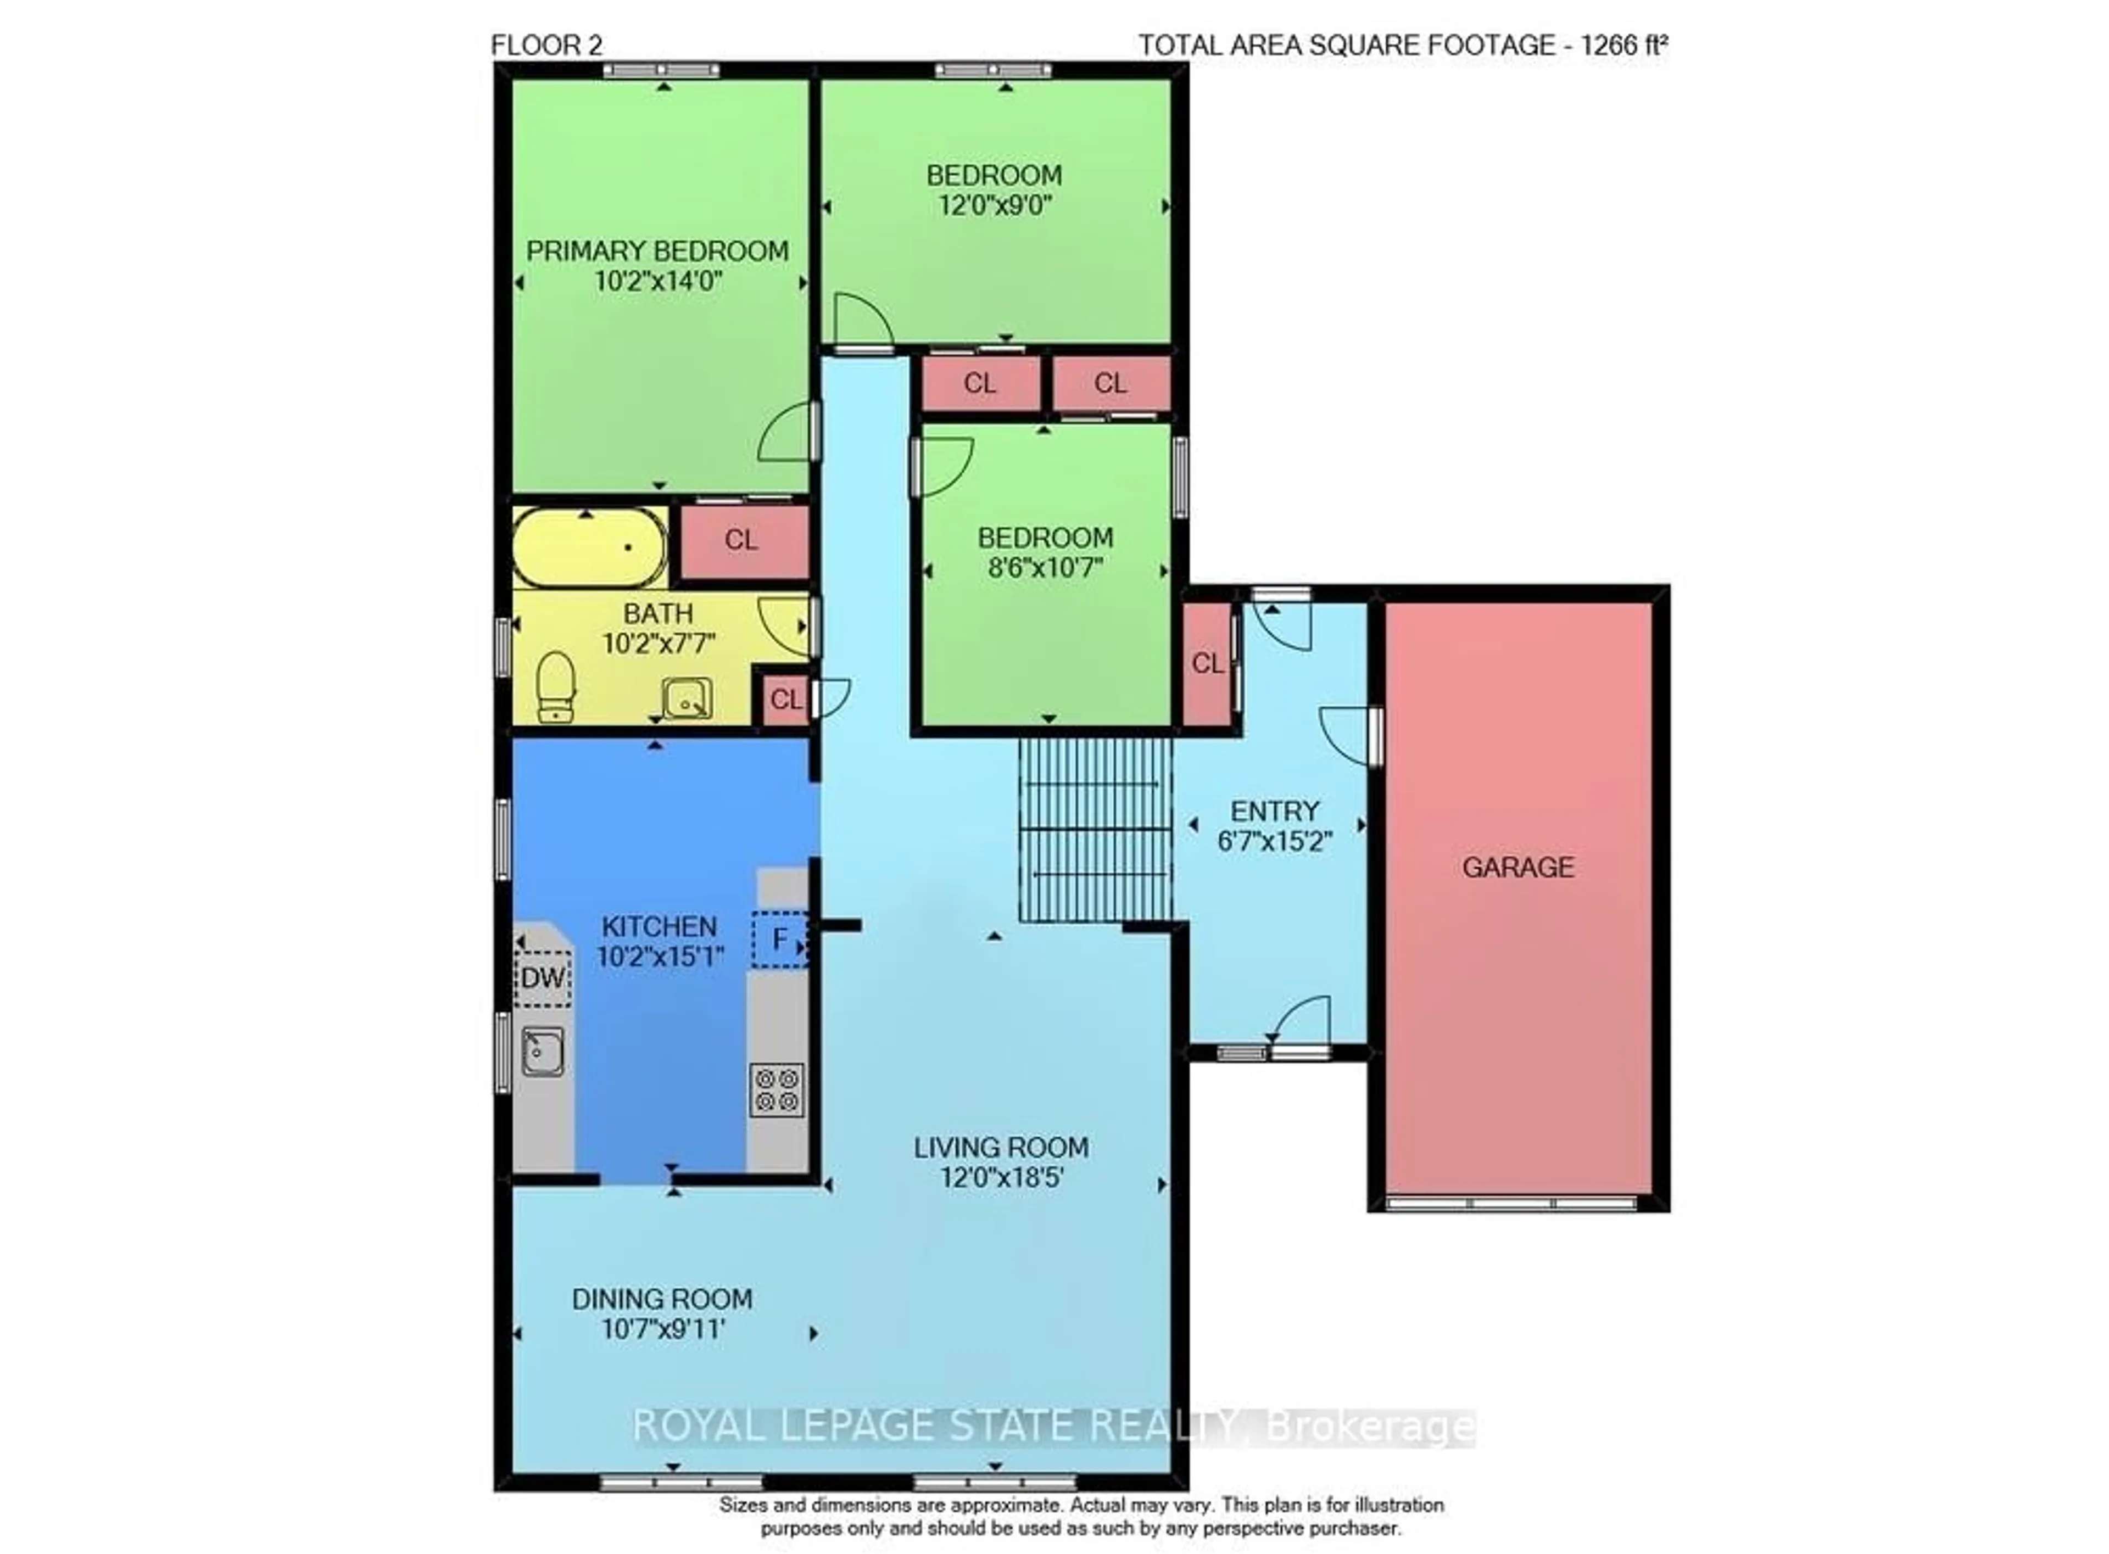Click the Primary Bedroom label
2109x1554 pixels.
[657, 251]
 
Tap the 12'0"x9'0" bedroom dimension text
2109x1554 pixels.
[994, 205]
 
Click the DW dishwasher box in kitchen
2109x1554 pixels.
[543, 977]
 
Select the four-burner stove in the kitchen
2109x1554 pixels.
[777, 1090]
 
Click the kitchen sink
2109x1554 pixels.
[544, 1051]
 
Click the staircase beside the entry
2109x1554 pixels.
[1096, 829]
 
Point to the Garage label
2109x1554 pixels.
[1517, 867]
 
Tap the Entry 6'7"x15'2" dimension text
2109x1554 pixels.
[1275, 841]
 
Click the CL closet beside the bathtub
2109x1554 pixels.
[742, 541]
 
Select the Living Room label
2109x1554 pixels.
[1001, 1148]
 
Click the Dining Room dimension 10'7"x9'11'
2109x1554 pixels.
[662, 1330]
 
